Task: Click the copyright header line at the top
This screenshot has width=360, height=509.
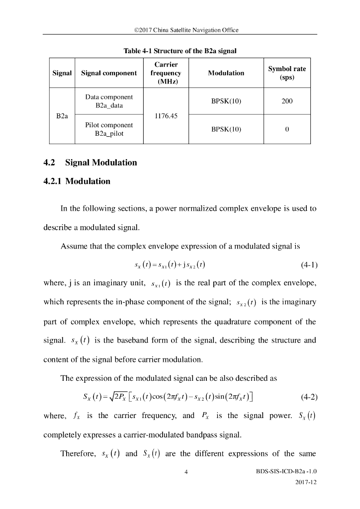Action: [180, 30]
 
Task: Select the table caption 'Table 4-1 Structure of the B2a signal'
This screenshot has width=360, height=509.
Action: [180, 51]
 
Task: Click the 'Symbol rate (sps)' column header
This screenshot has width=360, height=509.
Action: [287, 73]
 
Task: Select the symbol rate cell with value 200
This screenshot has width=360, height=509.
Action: [287, 101]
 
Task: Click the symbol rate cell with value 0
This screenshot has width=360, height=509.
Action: [287, 129]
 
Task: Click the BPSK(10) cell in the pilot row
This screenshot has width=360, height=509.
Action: [226, 129]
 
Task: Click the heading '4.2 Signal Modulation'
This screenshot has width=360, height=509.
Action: [90, 163]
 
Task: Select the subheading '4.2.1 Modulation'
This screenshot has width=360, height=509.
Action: [77, 181]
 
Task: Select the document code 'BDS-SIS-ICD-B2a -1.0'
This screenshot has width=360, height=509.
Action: [288, 471]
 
